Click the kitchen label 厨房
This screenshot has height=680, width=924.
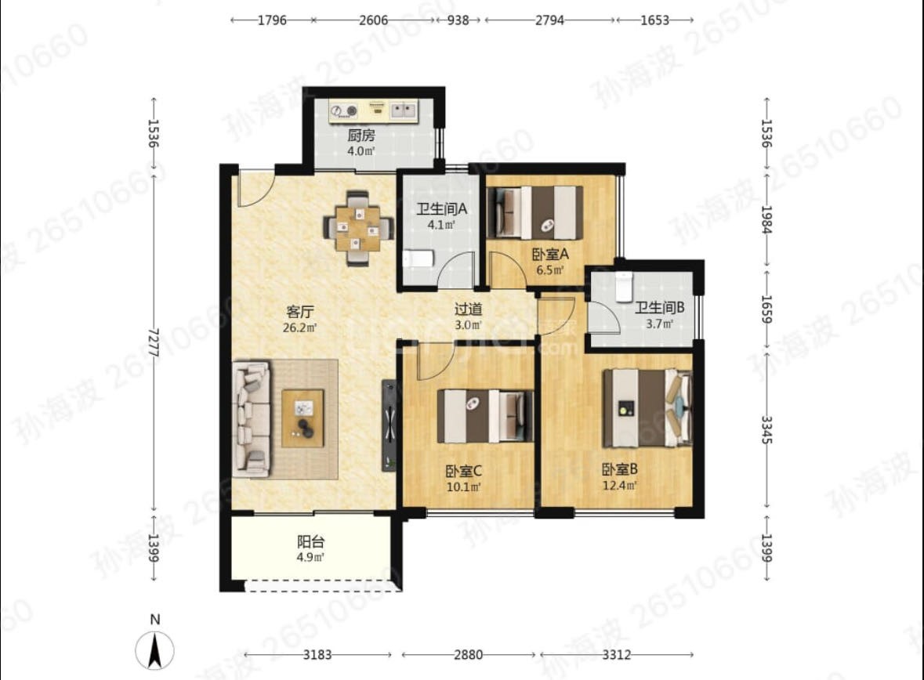coord(361,136)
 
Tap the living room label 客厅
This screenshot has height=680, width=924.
coord(300,312)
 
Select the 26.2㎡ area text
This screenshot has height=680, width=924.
coord(300,327)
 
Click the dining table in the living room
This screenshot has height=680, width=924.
coord(358,227)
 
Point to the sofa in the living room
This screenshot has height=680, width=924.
coord(252,418)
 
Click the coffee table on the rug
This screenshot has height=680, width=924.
coord(303,418)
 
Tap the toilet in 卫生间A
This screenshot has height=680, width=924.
coord(419,259)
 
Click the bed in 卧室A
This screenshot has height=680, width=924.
coord(535,213)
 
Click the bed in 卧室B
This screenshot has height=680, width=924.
coord(647,407)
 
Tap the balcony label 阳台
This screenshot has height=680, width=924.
coord(310,541)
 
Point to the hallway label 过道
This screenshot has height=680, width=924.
coord(469,309)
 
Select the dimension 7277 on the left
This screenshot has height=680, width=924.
coord(154,342)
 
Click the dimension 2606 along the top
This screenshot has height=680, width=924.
coord(374,20)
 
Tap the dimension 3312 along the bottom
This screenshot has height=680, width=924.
coord(617,655)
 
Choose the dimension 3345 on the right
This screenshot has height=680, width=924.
coord(766,429)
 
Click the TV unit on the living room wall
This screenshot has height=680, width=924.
coord(389,425)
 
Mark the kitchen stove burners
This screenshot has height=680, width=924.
coord(344,110)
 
